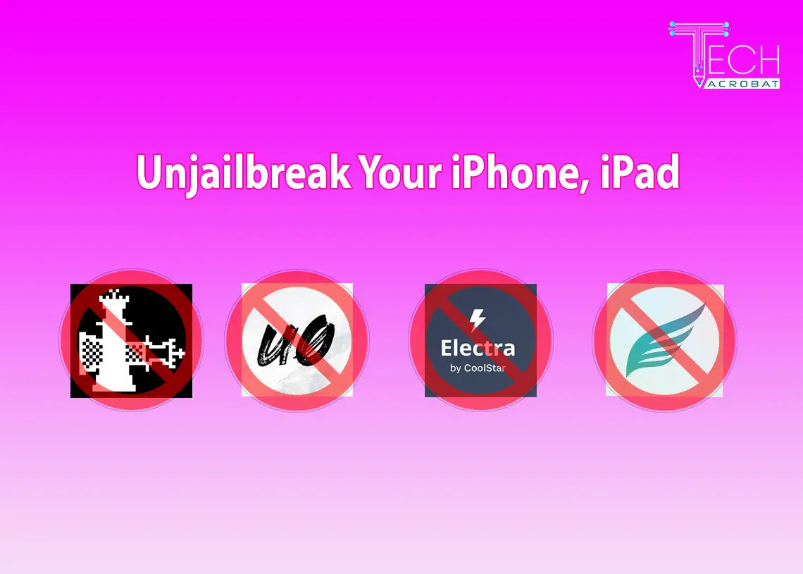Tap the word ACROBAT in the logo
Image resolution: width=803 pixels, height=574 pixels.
coord(742,84)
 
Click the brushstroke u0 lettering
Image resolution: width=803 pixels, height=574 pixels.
coord(296,340)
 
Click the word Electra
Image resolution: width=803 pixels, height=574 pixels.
coord(478,348)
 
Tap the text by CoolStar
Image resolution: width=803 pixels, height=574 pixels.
coord(478,368)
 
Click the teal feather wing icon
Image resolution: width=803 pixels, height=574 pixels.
coord(666,340)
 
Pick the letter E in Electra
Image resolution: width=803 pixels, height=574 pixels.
coord(447,348)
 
